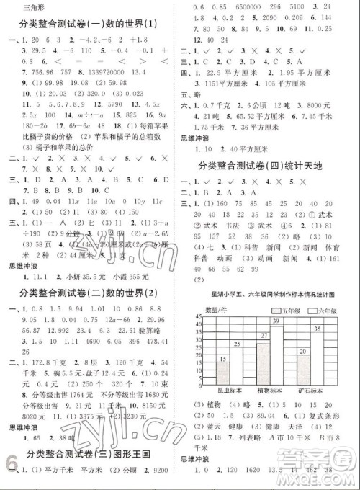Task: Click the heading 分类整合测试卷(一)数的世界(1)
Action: (x=90, y=25)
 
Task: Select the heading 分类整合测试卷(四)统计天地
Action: (x=268, y=167)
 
